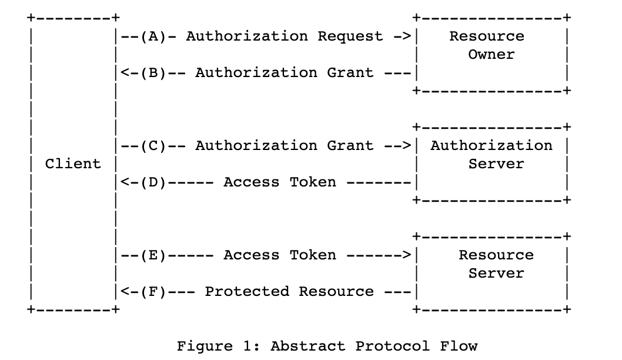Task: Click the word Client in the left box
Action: (73, 164)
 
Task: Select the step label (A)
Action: (153, 36)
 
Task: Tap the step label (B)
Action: (153, 73)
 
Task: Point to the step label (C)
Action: (153, 146)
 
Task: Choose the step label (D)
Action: (153, 182)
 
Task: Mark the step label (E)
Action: (153, 255)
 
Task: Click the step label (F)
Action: (153, 292)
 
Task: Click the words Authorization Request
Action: (285, 36)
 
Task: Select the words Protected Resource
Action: (289, 292)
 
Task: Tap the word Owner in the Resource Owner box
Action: (491, 55)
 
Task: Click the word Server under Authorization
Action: (491, 164)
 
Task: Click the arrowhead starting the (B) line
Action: (125, 73)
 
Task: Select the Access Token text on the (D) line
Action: (280, 182)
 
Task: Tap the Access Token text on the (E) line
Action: (280, 255)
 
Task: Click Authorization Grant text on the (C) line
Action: (285, 146)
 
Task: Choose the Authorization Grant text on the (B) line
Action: (285, 73)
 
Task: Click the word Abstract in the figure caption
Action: (307, 346)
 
